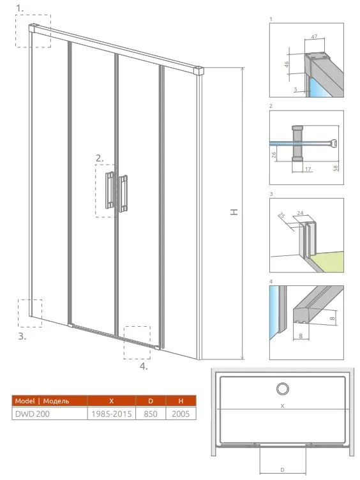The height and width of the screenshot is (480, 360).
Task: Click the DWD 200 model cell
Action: tap(32, 414)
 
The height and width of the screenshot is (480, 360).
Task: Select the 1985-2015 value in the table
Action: tap(112, 414)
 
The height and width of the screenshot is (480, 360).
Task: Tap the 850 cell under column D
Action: tap(151, 414)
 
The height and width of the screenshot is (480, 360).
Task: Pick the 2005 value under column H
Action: tap(181, 414)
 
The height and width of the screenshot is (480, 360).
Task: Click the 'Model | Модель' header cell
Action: tap(42, 401)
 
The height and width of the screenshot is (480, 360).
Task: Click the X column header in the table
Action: tap(112, 401)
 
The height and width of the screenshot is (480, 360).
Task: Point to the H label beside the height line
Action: tap(234, 212)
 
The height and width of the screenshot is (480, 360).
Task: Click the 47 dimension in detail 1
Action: tap(314, 37)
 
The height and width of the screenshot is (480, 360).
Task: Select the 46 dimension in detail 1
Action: tap(287, 64)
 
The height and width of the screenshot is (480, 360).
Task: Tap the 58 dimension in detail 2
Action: tap(336, 168)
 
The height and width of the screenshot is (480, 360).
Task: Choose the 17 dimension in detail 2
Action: tap(308, 169)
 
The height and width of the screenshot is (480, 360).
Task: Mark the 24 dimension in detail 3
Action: tap(300, 213)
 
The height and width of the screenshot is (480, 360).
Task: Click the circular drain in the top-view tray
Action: tap(282, 389)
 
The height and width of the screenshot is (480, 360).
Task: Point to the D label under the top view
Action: tap(282, 470)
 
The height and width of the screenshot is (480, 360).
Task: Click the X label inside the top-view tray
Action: tap(282, 406)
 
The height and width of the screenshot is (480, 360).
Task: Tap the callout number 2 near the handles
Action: tap(100, 158)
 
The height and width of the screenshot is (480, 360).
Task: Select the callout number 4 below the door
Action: tap(144, 366)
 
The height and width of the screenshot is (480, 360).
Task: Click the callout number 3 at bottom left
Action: tap(22, 336)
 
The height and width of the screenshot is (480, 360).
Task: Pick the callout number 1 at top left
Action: tap(20, 8)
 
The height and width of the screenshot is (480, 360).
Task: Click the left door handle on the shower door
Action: tap(110, 190)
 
